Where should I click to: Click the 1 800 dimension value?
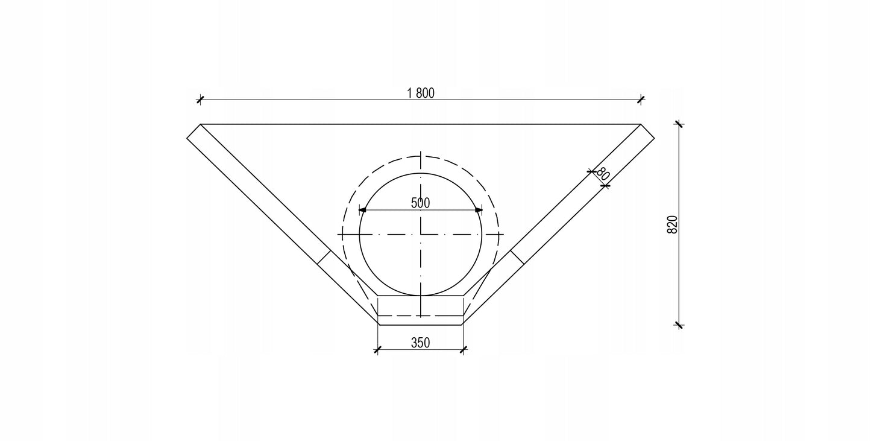pos(420,93)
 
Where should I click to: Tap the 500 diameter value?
pos(420,203)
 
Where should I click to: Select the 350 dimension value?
pos(420,343)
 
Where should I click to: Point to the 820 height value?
pos(672,224)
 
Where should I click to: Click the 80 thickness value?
pos(602,174)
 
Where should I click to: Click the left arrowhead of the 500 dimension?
pos(362,210)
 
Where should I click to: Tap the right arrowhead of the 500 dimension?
pos(479,210)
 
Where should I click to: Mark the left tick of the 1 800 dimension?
pos(200,100)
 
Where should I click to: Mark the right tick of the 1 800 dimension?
pos(641,100)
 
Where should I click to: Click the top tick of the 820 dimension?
pos(679,124)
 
